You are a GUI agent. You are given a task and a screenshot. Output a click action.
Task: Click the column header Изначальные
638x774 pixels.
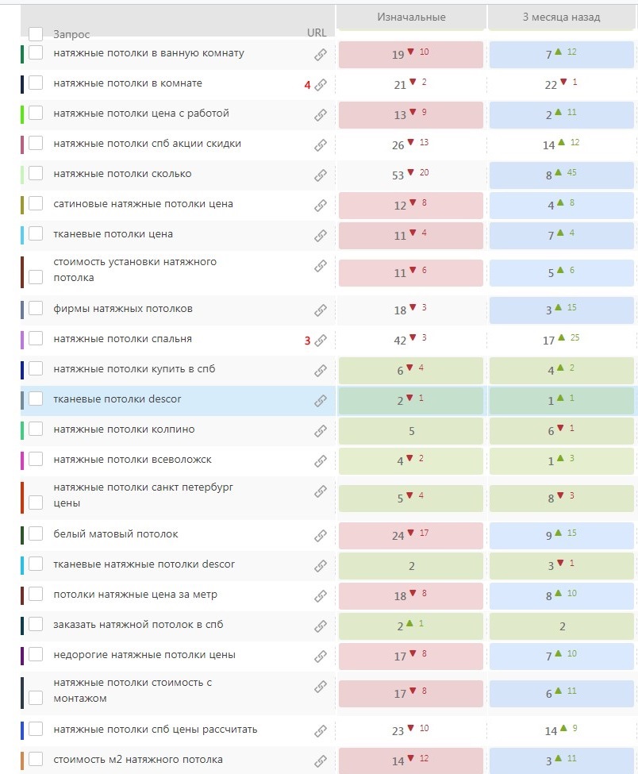[x=410, y=17]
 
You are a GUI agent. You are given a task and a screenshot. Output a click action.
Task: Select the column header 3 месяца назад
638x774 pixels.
[x=561, y=17]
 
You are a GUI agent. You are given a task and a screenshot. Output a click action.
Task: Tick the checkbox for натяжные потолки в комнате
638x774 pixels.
[x=36, y=83]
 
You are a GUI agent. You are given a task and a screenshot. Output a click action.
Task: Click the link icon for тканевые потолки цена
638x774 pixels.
[x=321, y=235]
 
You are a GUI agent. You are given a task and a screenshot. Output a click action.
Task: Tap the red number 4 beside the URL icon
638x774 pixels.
[x=307, y=85]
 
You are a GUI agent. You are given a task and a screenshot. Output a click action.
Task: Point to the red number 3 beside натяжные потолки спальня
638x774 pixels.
[x=307, y=341]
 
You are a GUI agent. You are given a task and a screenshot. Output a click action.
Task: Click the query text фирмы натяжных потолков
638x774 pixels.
[x=122, y=309]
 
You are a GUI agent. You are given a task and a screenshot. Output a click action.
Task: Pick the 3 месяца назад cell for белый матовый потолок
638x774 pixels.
[x=561, y=536]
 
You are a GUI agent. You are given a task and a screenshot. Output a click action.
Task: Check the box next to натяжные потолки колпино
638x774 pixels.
[x=36, y=429]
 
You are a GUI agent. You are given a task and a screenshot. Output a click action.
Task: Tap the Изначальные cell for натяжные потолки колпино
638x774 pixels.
[x=410, y=431]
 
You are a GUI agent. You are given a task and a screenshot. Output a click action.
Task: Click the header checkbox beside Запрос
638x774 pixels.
[x=36, y=34]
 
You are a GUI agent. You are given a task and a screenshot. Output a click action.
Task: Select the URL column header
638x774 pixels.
[x=317, y=33]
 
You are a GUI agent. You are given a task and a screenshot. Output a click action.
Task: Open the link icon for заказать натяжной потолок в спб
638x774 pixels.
[x=321, y=626]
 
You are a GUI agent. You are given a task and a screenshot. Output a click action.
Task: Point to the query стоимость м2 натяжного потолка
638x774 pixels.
[x=138, y=760]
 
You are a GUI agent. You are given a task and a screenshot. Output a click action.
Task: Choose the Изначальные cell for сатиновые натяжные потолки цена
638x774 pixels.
[x=410, y=206]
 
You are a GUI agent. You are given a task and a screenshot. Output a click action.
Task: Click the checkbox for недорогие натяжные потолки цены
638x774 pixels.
[x=36, y=655]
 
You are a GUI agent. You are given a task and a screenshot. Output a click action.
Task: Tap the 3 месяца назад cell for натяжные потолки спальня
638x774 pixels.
[x=561, y=341]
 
